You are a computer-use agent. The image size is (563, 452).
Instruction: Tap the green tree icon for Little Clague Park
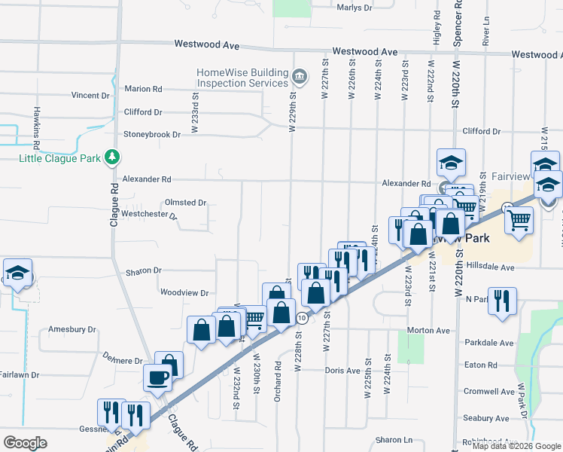coord(112,157)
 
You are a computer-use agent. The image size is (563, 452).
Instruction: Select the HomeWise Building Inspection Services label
coord(242,77)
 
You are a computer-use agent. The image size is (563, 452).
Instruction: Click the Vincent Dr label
coord(90,96)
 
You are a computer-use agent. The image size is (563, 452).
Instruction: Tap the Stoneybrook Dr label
coord(153,135)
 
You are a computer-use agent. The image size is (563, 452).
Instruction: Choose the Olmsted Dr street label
coord(185,203)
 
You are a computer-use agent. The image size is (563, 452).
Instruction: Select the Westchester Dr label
coord(149,215)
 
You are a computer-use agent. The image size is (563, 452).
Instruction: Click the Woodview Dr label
coord(184,292)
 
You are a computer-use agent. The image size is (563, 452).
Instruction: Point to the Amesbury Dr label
coord(72,329)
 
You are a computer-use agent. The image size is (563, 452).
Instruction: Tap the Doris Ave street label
coord(343,371)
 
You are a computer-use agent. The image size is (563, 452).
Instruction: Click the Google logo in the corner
coord(25,443)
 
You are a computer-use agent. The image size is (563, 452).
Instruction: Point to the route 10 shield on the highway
coord(302,319)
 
